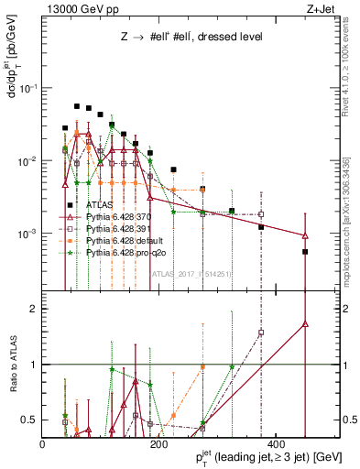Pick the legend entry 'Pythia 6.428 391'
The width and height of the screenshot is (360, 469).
point(122,228)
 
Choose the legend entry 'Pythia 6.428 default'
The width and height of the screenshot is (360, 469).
point(126,239)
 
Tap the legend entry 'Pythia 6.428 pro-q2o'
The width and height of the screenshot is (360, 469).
point(128,250)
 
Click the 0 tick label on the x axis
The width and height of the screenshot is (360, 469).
point(43,443)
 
